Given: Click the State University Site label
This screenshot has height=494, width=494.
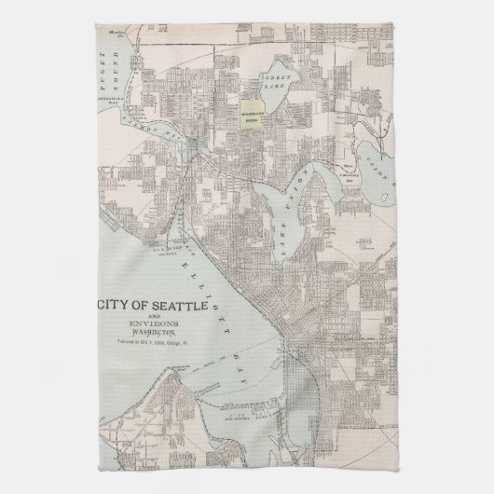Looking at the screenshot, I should pyautogui.click(x=350, y=169).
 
